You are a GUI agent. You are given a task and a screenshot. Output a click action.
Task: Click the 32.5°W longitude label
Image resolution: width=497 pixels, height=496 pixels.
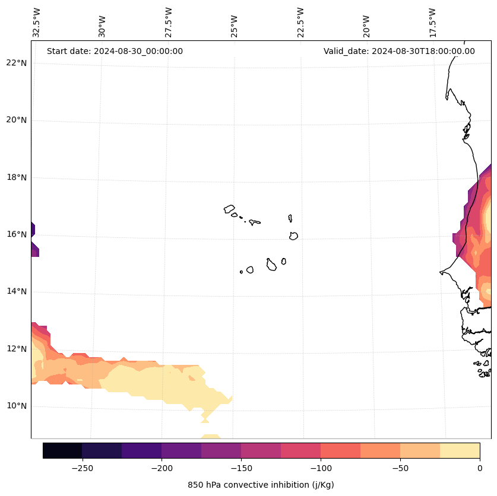pyautogui.click(x=37, y=23)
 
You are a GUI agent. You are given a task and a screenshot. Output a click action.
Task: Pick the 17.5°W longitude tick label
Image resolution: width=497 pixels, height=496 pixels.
pyautogui.click(x=433, y=23)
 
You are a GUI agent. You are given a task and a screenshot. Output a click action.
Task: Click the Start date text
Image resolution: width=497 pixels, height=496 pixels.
pyautogui.click(x=115, y=51)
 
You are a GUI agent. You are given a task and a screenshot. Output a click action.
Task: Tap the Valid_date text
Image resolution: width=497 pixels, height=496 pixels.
pyautogui.click(x=399, y=51)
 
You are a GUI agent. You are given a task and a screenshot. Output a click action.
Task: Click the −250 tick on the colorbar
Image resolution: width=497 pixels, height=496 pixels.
pyautogui.click(x=82, y=468)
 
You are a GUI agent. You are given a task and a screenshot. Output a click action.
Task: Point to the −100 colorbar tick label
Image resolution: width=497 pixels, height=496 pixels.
pyautogui.click(x=321, y=468)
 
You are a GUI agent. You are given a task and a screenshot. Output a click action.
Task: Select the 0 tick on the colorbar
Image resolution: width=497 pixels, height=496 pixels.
pyautogui.click(x=480, y=468)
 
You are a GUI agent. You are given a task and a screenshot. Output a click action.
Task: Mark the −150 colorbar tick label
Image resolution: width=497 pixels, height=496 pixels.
pyautogui.click(x=241, y=468)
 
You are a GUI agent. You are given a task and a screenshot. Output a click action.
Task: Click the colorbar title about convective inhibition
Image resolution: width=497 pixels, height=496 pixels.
pyautogui.click(x=261, y=485)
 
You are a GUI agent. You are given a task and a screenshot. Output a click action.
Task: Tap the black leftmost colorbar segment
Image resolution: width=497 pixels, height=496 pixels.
pyautogui.click(x=62, y=450)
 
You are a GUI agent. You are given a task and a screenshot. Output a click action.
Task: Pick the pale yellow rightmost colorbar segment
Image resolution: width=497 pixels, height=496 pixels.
pyautogui.click(x=460, y=450)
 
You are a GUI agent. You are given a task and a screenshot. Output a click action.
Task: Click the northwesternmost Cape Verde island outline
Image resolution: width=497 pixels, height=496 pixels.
pyautogui.click(x=229, y=209)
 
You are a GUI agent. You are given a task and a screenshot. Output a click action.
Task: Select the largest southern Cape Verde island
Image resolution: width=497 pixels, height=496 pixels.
pyautogui.click(x=271, y=265)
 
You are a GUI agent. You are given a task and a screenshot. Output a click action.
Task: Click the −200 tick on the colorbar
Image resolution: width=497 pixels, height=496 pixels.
pyautogui.click(x=162, y=468)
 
